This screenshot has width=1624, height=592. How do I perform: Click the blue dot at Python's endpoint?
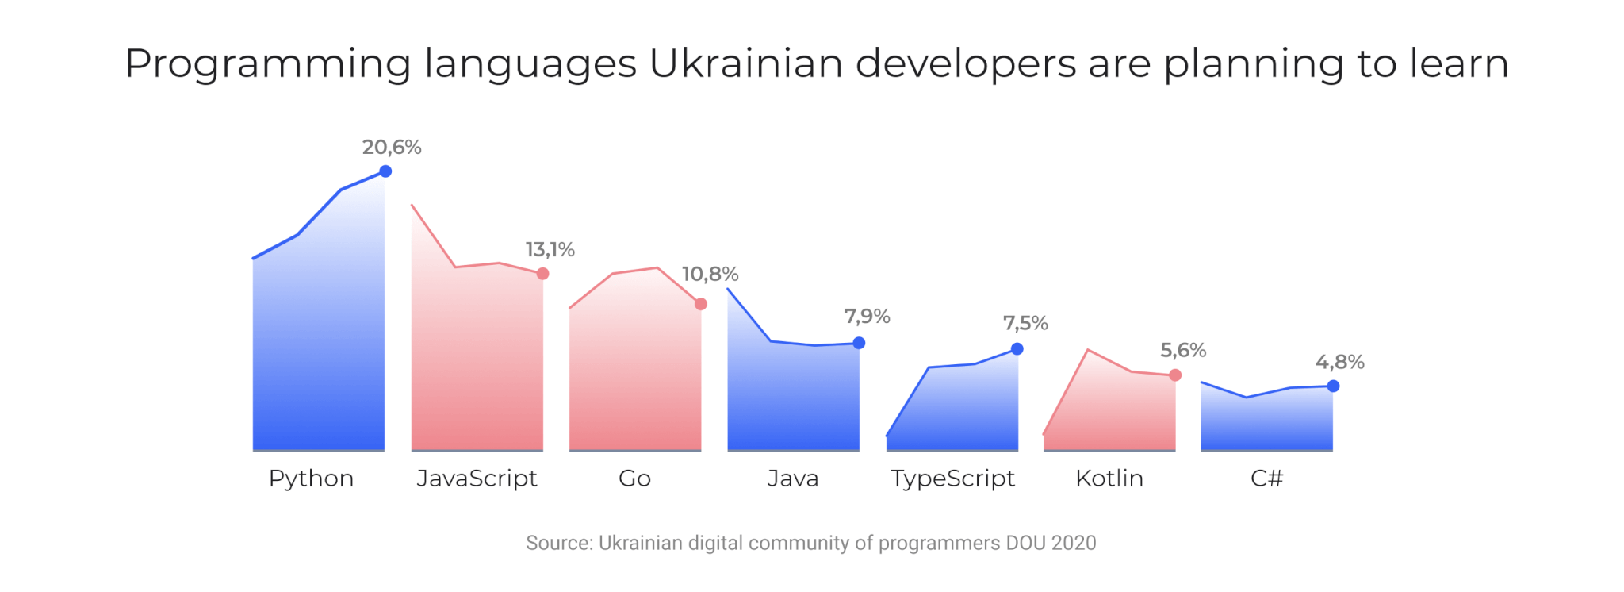(x=385, y=171)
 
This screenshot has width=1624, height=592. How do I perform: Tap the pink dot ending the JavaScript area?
(x=542, y=274)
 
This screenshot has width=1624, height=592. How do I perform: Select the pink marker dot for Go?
(x=701, y=304)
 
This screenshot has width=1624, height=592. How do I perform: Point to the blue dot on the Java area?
(x=859, y=343)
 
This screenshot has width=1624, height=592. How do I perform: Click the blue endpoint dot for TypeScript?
(x=1017, y=349)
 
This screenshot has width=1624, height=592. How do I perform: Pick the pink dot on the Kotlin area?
(x=1175, y=375)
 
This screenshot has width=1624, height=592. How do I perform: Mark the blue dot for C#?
(x=1333, y=386)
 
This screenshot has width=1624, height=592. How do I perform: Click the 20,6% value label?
(x=392, y=148)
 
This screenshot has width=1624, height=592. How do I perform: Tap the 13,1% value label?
(x=550, y=250)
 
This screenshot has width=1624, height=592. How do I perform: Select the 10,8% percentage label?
(x=710, y=275)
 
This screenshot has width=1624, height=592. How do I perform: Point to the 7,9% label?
(x=867, y=317)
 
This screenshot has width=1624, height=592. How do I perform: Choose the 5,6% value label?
(x=1183, y=351)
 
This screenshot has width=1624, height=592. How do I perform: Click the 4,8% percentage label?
(x=1339, y=363)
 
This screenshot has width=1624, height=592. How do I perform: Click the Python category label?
(x=311, y=479)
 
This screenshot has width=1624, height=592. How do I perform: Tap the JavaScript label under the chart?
(x=477, y=479)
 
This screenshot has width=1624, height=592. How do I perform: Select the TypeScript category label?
(x=952, y=479)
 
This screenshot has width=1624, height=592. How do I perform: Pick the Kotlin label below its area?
(x=1109, y=479)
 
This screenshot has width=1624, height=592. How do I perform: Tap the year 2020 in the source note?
(x=1074, y=543)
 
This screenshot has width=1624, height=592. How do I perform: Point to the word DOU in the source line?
(x=1026, y=543)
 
